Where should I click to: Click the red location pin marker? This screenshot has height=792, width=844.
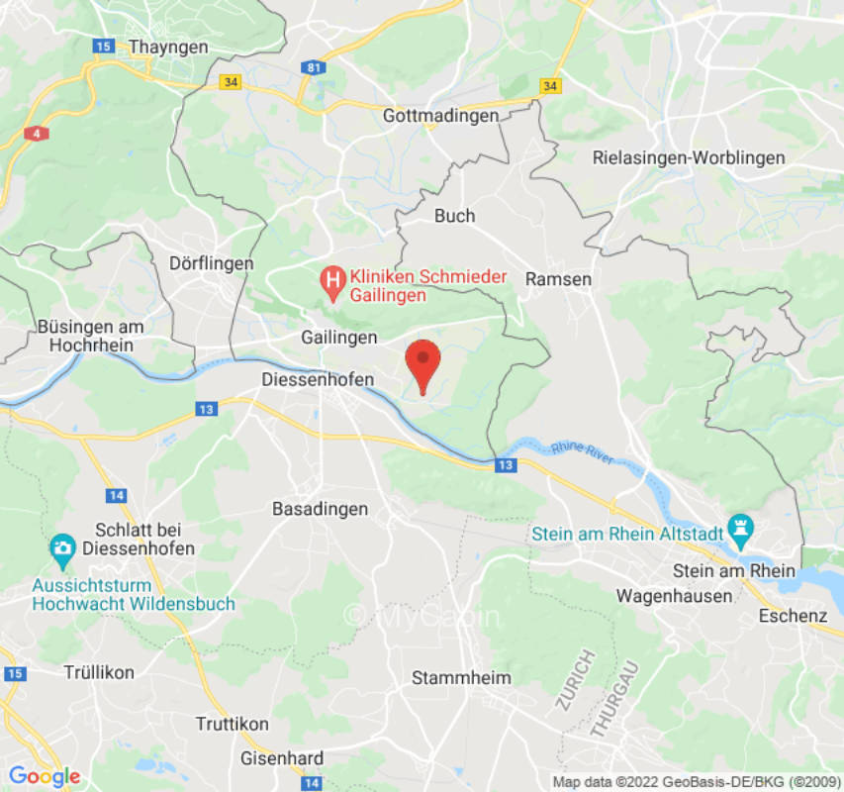coord(423,362)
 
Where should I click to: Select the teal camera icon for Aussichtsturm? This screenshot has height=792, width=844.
coord(61,546)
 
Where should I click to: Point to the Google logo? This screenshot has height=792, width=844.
coord(44,776)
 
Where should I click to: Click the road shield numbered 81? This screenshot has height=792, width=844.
coord(315,67)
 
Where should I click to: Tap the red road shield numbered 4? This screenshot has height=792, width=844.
coord(38,132)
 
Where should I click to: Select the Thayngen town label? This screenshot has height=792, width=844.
coord(168,47)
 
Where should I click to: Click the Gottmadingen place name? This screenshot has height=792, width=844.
coord(441,116)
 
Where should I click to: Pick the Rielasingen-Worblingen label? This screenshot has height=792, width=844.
coord(689,157)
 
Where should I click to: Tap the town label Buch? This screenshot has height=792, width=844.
coord(455,216)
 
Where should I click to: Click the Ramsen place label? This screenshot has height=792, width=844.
coord(558,279)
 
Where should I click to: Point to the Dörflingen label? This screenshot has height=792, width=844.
coord(211,263)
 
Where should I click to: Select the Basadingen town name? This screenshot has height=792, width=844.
coord(320,509)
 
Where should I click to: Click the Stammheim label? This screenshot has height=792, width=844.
coord(462,678)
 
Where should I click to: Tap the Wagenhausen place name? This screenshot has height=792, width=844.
coord(674,595)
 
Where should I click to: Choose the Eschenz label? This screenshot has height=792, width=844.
coord(793,616)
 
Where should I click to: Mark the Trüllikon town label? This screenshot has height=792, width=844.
coord(99,672)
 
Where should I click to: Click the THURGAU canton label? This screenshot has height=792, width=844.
coord(614,699)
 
